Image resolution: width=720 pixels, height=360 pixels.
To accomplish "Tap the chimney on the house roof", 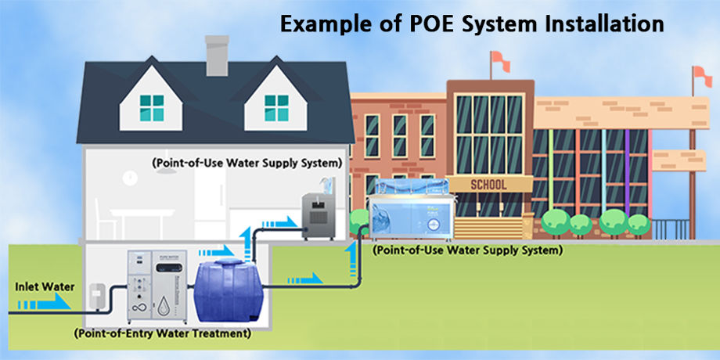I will [216, 53].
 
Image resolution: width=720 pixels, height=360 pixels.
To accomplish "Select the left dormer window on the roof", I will [152, 107].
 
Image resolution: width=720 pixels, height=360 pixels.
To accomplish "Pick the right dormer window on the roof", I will [275, 107].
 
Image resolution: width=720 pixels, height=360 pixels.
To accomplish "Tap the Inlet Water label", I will [45, 286].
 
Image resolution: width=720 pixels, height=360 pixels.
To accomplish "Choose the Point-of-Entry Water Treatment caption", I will [162, 333].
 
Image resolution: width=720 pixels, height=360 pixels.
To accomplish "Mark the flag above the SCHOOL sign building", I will [496, 59].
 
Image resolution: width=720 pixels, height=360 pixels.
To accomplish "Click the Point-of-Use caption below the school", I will [467, 251].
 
